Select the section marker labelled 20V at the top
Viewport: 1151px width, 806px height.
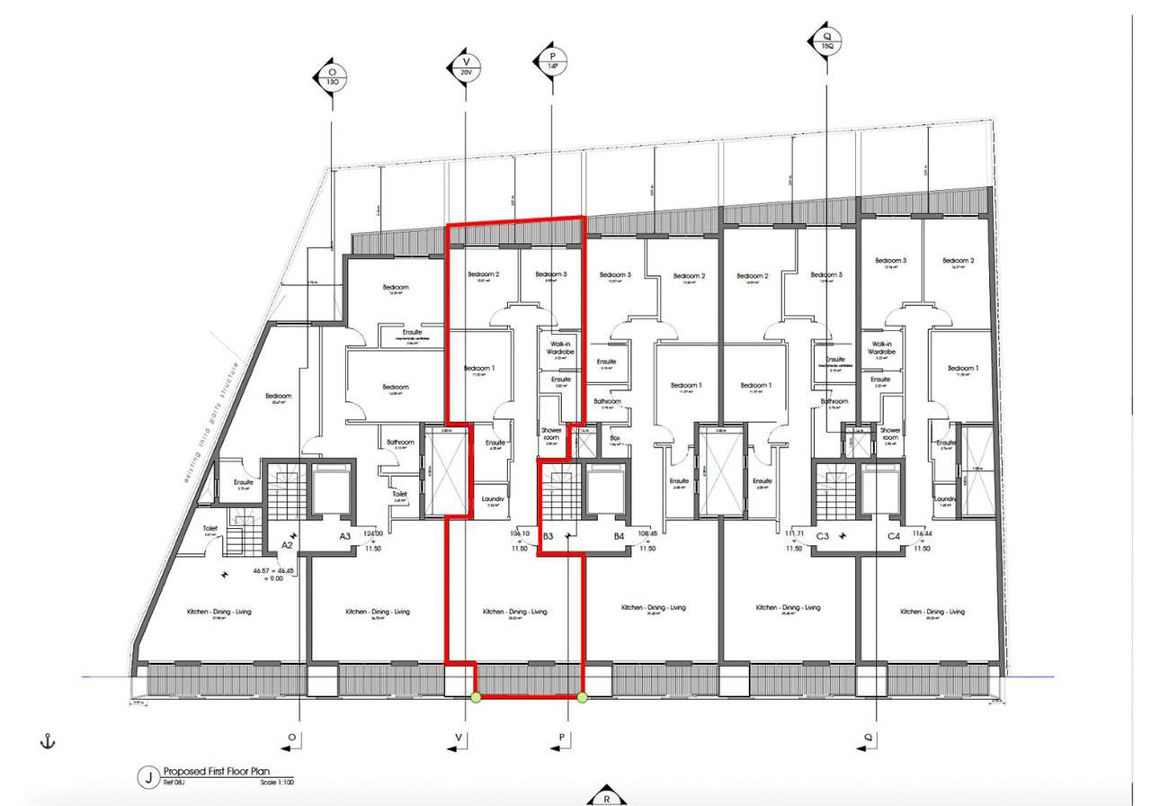(465, 67)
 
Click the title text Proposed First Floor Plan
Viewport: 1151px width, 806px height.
(216, 772)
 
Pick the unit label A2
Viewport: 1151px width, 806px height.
(288, 544)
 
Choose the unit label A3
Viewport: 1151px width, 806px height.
(344, 536)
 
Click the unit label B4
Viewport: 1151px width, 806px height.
(619, 537)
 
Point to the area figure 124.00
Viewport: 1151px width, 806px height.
(373, 533)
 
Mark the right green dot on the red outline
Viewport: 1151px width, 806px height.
(582, 697)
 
